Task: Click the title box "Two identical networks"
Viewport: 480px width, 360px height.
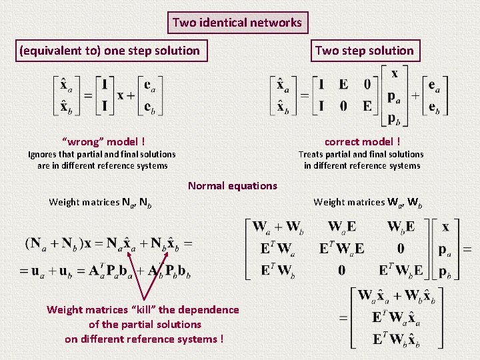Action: coord(237,23)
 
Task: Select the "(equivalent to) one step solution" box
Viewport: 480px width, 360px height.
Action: coord(109,51)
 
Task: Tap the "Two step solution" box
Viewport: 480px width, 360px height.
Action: coord(364,51)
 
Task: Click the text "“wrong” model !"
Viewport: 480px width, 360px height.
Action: coord(103,141)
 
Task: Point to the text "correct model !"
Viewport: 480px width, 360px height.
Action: coord(362,141)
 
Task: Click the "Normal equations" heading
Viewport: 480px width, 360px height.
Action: coord(232,185)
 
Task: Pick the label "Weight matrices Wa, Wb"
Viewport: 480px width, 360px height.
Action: coord(367,201)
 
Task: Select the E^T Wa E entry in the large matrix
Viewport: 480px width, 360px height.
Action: coord(341,249)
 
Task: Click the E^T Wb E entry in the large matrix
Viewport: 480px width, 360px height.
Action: coord(401,270)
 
